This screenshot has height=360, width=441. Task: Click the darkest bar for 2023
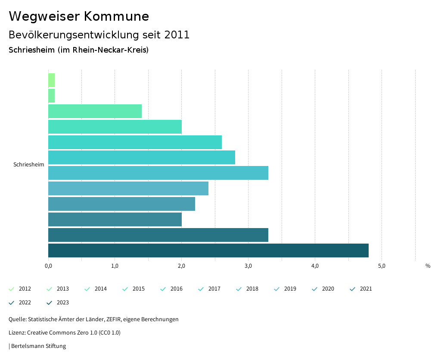[208, 250]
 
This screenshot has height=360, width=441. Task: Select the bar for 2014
[95, 111]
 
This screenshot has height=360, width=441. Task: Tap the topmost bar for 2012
[51, 80]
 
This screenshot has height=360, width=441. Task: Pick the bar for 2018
[158, 173]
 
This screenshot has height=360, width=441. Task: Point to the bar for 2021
[115, 219]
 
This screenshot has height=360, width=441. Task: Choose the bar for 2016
[135, 142]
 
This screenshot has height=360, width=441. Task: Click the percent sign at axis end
[428, 266]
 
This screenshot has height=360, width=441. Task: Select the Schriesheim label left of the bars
[29, 165]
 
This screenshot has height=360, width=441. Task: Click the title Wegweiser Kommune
[79, 16]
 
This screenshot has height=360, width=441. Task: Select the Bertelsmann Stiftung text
[38, 346]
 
